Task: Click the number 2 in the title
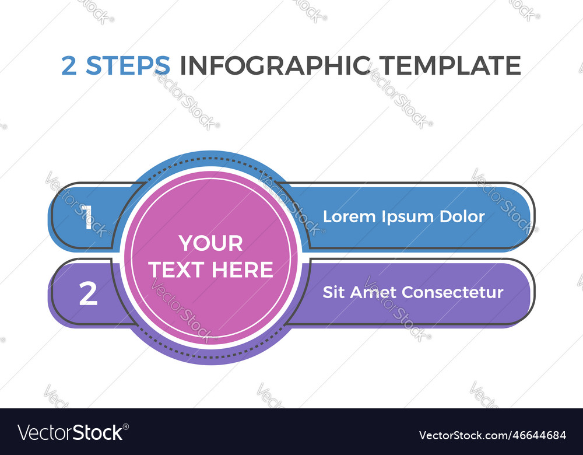[x=69, y=66]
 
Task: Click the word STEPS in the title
[x=128, y=66]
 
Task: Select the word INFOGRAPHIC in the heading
[x=275, y=66]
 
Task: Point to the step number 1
[x=87, y=218]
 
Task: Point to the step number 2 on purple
[x=88, y=294]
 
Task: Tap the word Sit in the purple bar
[x=333, y=292]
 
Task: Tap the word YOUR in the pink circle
[x=210, y=243]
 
